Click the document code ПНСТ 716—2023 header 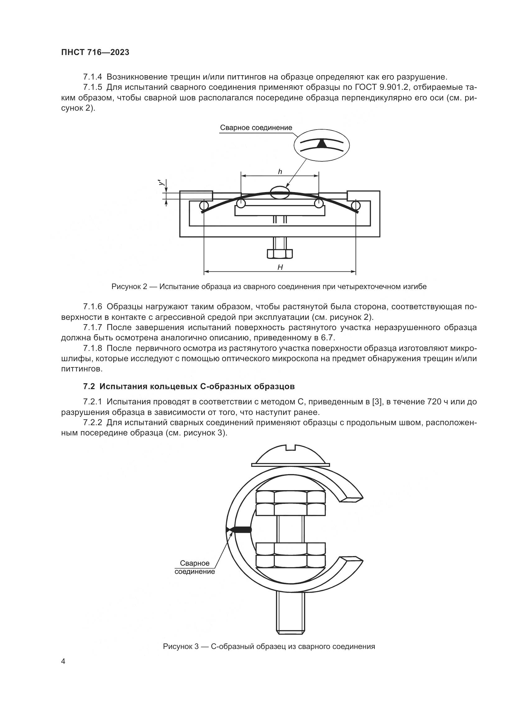pyautogui.click(x=95, y=53)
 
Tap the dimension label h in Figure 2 pyautogui.click(x=280, y=172)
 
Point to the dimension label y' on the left pyautogui.click(x=161, y=183)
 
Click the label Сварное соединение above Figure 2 pyautogui.click(x=256, y=128)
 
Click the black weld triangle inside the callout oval pyautogui.click(x=322, y=145)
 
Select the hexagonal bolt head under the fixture pyautogui.click(x=280, y=254)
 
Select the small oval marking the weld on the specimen pyautogui.click(x=280, y=192)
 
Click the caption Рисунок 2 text pyautogui.click(x=269, y=287)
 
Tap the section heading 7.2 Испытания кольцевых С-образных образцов pyautogui.click(x=189, y=386)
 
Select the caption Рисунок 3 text pyautogui.click(x=269, y=646)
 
